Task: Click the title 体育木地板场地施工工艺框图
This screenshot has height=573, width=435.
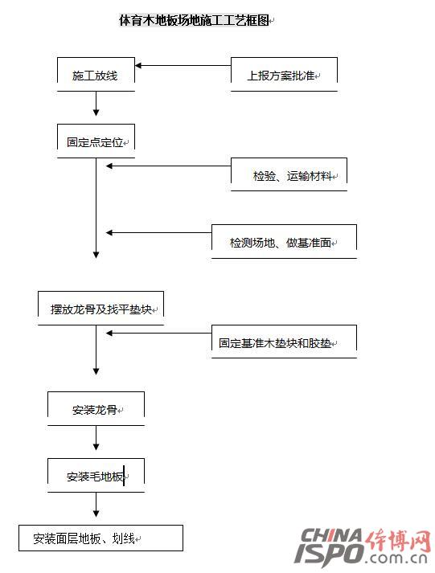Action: (x=194, y=20)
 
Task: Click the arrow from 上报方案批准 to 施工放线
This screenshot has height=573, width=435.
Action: (x=183, y=66)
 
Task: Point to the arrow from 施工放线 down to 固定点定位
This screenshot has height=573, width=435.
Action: (x=96, y=104)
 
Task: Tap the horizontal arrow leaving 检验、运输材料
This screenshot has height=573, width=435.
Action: (x=168, y=166)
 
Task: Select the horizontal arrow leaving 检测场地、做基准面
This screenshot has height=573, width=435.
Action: (x=158, y=233)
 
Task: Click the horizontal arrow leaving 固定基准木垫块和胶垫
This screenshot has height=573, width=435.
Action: (x=158, y=334)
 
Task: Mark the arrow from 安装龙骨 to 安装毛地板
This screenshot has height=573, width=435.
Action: (x=96, y=438)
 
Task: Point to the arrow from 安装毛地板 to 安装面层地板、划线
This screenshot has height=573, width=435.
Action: (x=96, y=505)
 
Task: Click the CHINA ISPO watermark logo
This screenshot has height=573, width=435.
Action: (x=363, y=546)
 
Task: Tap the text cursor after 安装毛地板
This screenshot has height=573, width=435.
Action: (x=124, y=476)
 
